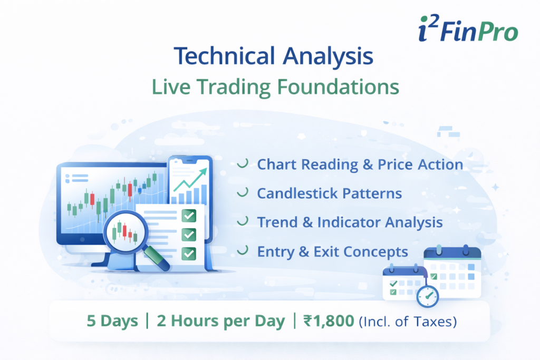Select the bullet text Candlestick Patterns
click(329, 193)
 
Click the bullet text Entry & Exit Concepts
click(332, 251)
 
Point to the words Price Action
click(420, 164)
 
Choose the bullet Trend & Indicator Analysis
click(350, 222)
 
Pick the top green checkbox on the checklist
click(188, 215)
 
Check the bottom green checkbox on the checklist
click(188, 253)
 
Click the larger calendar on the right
click(452, 273)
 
